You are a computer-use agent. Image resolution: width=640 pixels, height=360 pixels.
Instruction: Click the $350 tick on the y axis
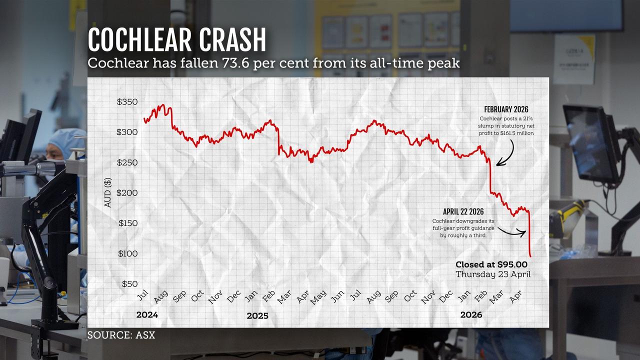point(127,102)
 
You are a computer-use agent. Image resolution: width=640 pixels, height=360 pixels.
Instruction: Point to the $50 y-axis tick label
point(129,284)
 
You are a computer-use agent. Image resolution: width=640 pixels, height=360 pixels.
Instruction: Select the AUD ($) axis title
point(107,192)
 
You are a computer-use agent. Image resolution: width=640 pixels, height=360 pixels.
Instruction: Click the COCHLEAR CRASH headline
point(176,40)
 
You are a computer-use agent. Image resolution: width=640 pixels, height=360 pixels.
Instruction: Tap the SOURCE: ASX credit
point(121,335)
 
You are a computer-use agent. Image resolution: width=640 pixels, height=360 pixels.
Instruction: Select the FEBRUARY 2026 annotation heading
point(506,109)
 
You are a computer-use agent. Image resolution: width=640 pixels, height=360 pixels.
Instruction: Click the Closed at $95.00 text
point(491,264)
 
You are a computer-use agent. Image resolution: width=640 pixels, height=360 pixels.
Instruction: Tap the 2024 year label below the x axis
point(147,315)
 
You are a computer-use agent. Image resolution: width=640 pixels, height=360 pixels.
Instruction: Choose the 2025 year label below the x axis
point(257,316)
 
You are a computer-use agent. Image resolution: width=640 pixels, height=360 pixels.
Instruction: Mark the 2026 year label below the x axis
point(471,314)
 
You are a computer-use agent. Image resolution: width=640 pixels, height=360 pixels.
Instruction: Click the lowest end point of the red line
point(530,256)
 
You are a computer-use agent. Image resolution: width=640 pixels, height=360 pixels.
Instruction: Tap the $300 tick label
point(127,132)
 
